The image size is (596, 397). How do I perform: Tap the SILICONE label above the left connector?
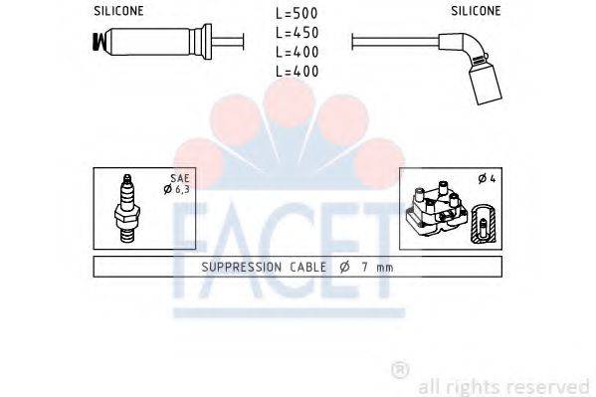click(119, 11)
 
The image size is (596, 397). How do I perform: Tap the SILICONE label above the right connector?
click(476, 11)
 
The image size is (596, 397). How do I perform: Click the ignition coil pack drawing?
click(435, 212)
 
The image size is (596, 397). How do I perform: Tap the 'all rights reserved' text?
click(503, 385)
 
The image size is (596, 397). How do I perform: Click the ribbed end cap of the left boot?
click(99, 43)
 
